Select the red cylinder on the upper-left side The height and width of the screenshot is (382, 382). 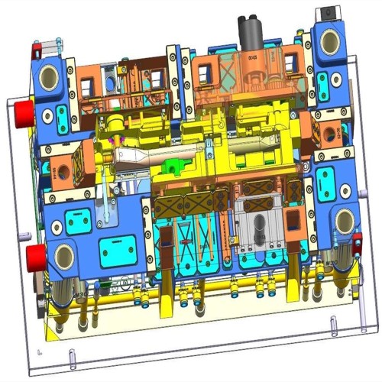(22, 113)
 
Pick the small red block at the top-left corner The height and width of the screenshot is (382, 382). (35, 52)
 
